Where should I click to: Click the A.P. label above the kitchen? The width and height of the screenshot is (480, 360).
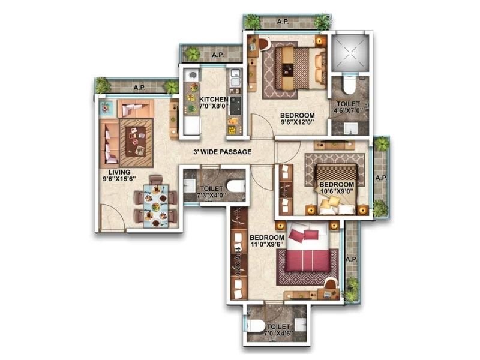click(217, 54)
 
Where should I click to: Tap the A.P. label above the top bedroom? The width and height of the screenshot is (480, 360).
click(283, 22)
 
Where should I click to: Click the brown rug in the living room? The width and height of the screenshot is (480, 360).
click(136, 142)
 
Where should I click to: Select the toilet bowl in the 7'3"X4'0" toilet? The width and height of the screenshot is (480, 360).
click(235, 187)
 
